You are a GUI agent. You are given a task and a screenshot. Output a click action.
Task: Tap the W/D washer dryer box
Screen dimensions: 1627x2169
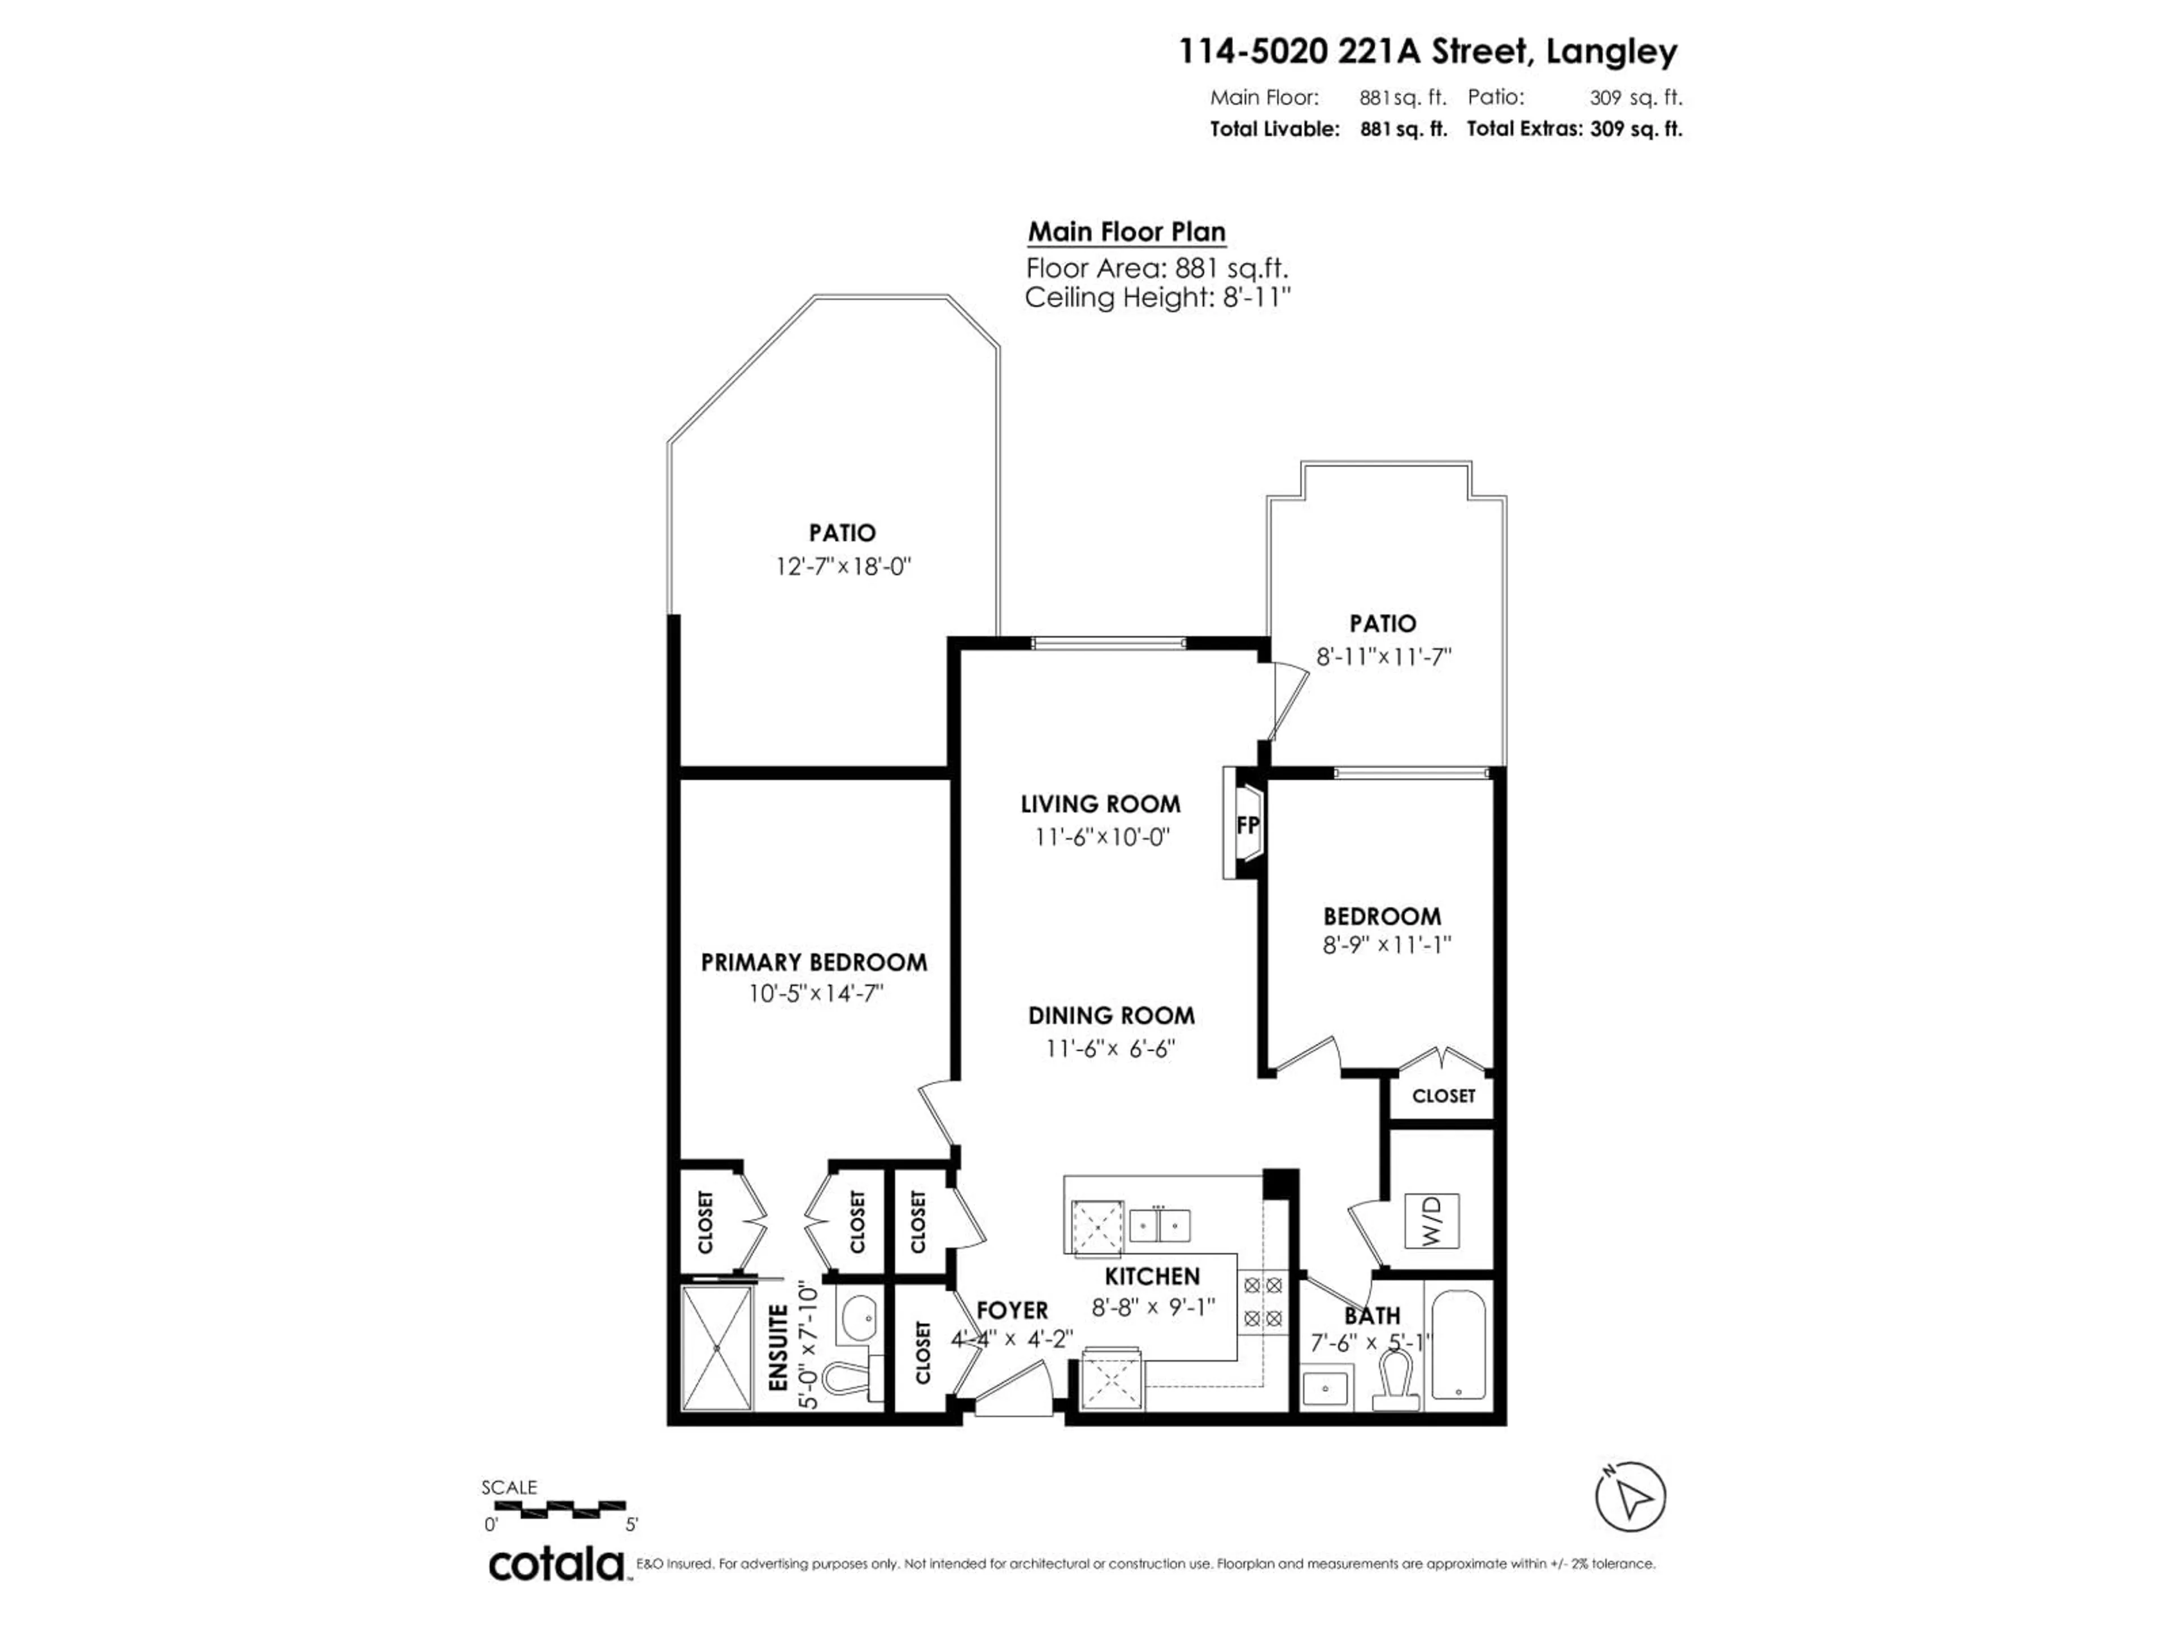pyautogui.click(x=1432, y=1221)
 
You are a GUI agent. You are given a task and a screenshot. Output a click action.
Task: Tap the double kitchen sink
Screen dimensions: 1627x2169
pyautogui.click(x=1160, y=1225)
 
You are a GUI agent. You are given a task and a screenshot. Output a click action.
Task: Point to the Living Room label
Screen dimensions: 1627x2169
pyautogui.click(x=1100, y=804)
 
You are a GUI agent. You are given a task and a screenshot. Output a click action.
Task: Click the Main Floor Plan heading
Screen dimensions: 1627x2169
pyautogui.click(x=1126, y=232)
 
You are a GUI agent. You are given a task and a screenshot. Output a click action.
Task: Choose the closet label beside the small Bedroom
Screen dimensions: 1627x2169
pyautogui.click(x=1443, y=1095)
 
